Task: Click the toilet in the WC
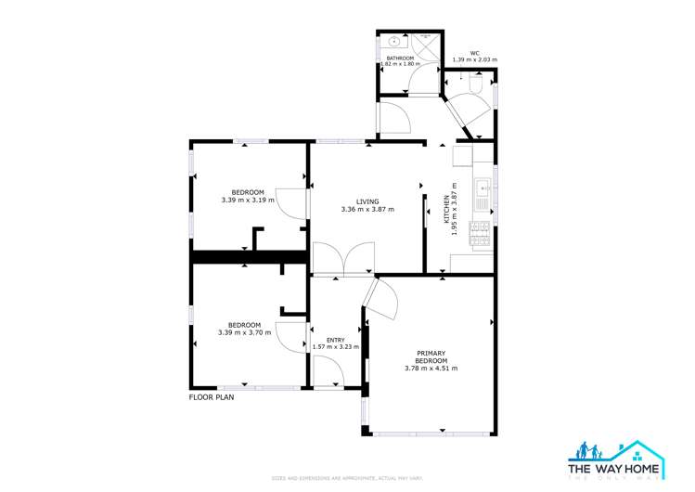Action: (x=476, y=86)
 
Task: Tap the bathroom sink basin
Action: (x=395, y=42)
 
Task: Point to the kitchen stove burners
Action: (x=481, y=234)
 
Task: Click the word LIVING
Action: (x=367, y=201)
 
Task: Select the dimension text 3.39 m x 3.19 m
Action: (x=248, y=200)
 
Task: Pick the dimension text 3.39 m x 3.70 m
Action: (x=245, y=332)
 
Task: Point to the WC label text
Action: (x=474, y=53)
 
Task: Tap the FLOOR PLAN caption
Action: (x=212, y=396)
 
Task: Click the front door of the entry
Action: (x=328, y=372)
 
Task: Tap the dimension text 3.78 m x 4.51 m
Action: (x=431, y=369)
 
